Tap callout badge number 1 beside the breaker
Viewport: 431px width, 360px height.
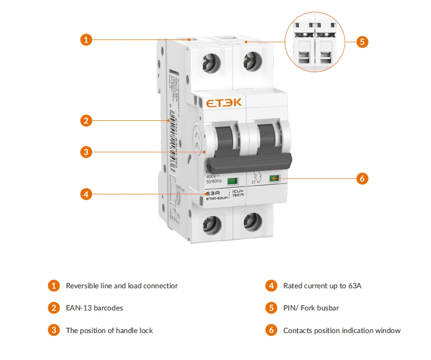86,40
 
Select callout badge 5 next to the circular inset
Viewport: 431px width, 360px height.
362,41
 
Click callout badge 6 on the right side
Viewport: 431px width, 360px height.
362,178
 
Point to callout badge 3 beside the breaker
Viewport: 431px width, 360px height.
86,152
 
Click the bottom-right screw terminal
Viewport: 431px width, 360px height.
251,222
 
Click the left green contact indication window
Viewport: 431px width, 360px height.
232,181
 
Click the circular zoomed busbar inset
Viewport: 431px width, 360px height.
316,41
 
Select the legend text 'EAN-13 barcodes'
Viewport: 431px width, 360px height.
94,308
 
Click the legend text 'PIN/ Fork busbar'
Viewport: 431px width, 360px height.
311,308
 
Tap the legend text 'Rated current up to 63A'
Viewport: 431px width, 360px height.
322,286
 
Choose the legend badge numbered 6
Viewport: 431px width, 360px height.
271,331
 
